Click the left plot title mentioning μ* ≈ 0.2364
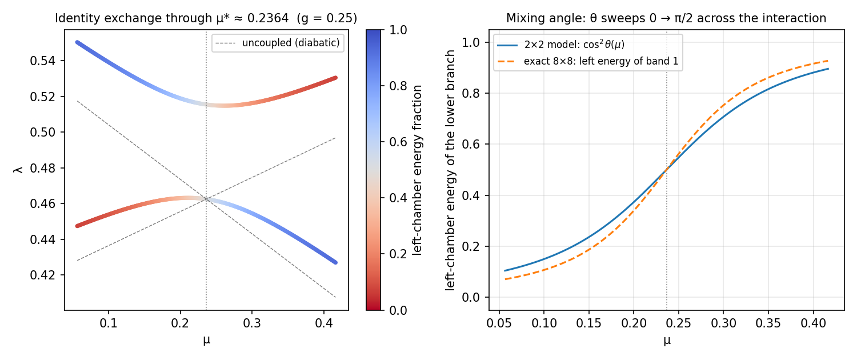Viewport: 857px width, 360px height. [x=206, y=18]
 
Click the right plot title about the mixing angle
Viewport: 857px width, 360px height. [x=666, y=18]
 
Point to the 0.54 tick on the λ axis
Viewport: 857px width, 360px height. [x=43, y=61]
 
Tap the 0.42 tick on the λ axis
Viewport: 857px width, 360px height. [x=43, y=275]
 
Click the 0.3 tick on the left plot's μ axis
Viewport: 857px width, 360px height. [x=252, y=323]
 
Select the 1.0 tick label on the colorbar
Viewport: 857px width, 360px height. [x=398, y=30]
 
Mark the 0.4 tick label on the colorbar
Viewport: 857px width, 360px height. [x=398, y=198]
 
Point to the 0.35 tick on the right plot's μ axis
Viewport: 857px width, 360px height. [x=768, y=323]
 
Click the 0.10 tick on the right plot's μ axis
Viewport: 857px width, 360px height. [x=544, y=323]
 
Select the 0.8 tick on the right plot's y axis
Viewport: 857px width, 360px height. [x=471, y=93]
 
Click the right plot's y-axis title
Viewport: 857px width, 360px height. [x=450, y=170]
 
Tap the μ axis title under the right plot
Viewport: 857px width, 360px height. [x=667, y=341]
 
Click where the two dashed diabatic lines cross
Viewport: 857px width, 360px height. [x=207, y=199]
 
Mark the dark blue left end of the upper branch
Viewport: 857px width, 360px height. [x=77, y=42]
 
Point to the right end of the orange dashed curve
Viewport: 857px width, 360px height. [x=828, y=61]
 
